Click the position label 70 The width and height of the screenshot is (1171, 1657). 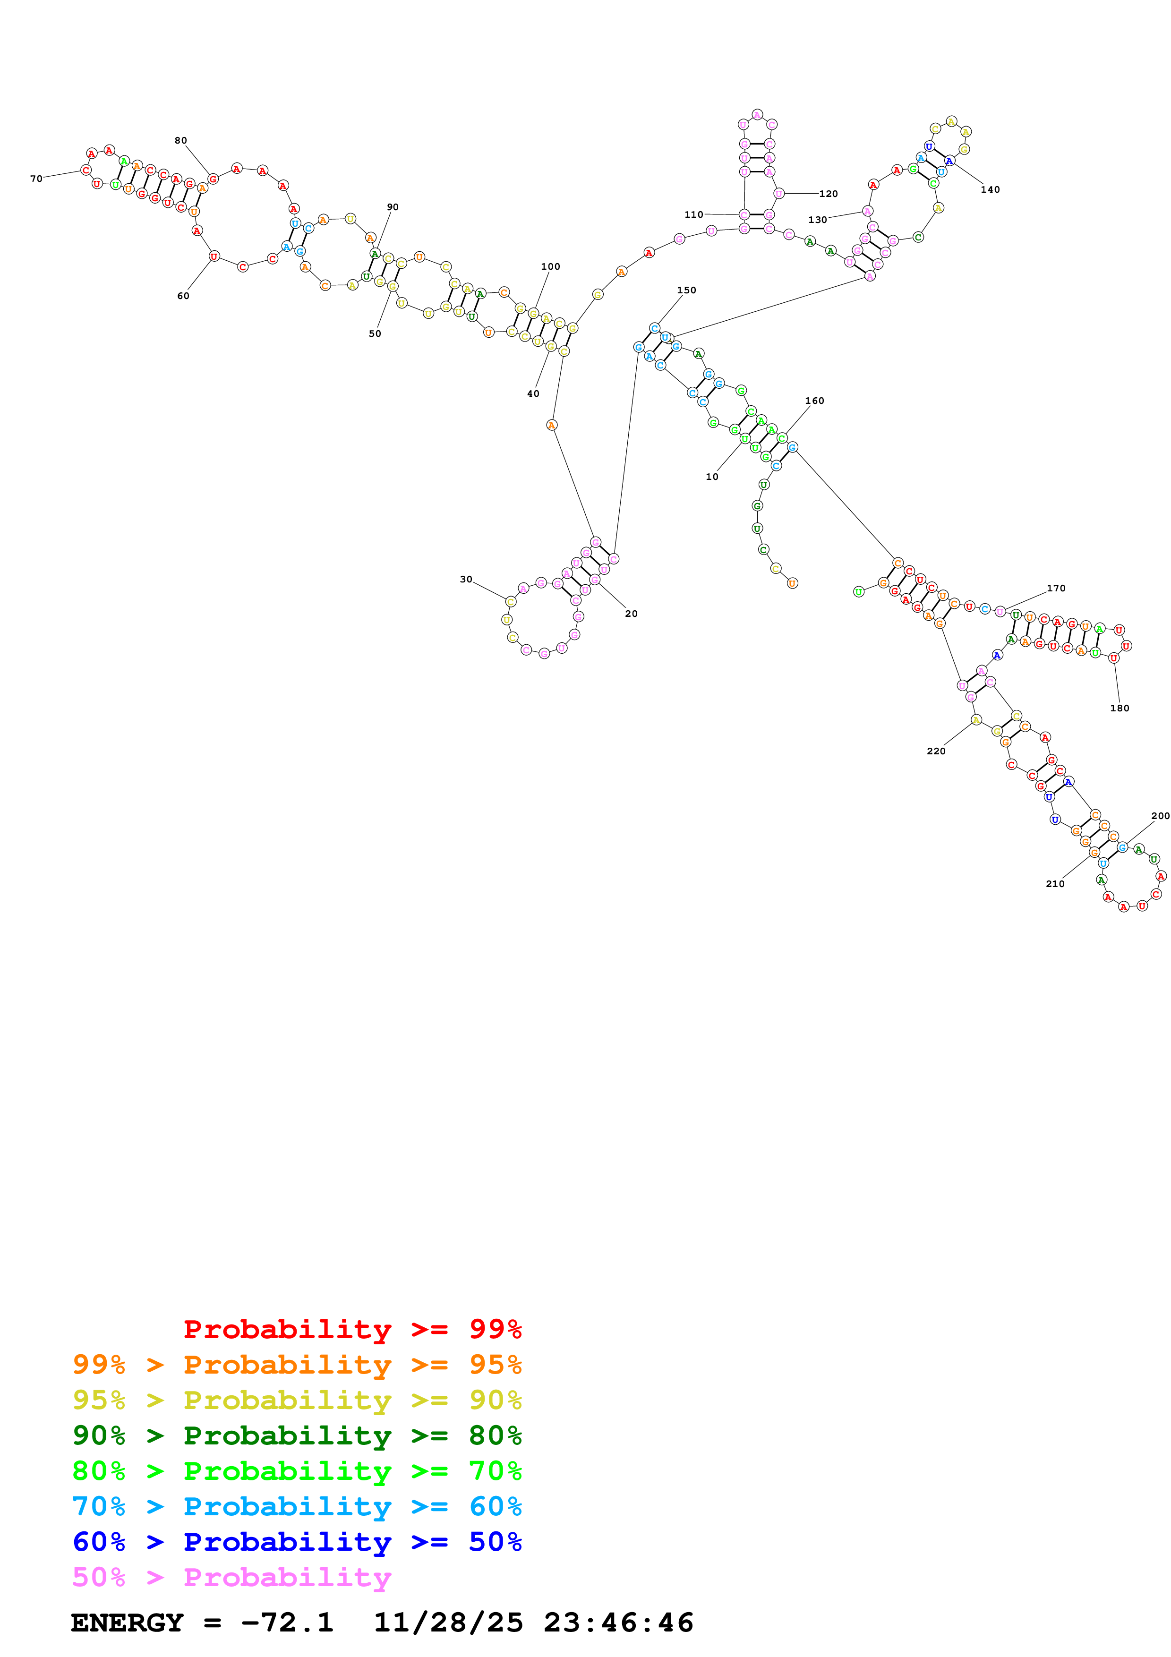36,179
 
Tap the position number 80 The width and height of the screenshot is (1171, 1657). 180,141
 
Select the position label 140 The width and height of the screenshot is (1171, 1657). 990,190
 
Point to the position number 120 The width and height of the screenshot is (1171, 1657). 828,194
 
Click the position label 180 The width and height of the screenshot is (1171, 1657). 1119,709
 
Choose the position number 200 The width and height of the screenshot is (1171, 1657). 1160,816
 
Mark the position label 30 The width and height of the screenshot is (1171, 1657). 466,580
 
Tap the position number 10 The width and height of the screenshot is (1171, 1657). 711,477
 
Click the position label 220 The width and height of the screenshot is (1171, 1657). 936,752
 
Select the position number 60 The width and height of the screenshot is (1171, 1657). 183,296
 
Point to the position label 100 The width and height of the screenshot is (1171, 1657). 550,267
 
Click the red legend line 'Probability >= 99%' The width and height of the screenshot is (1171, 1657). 352,1329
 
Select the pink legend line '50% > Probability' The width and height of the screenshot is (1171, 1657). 231,1578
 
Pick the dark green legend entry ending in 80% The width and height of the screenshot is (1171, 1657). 297,1435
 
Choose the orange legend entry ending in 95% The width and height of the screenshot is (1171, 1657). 297,1365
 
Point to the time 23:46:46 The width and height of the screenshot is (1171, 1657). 618,1623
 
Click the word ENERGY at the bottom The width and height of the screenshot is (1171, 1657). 127,1623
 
